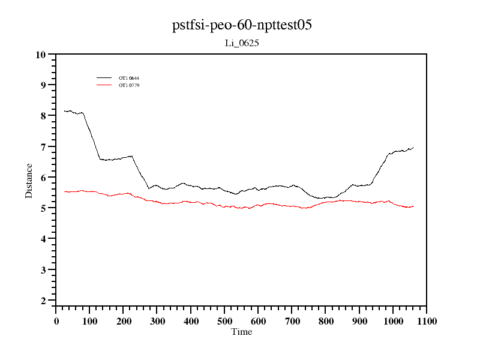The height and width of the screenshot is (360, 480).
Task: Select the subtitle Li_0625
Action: (x=241, y=43)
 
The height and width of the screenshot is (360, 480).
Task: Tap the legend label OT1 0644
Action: (x=129, y=78)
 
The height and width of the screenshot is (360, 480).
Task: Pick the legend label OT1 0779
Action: (x=129, y=85)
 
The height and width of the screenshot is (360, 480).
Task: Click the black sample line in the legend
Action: (x=104, y=78)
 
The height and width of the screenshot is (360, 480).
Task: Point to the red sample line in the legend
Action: (x=104, y=85)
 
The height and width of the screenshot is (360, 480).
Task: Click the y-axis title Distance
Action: (x=29, y=180)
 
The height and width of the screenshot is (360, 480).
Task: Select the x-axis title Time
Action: (x=242, y=332)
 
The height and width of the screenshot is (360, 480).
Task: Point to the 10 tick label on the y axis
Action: (x=41, y=55)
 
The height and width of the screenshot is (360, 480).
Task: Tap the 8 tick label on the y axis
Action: (x=43, y=116)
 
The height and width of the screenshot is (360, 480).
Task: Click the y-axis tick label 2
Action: (x=43, y=301)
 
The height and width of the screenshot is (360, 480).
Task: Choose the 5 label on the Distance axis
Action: (x=43, y=208)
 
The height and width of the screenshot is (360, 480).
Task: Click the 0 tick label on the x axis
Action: (x=56, y=322)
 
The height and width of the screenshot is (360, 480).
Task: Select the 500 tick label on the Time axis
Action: (x=224, y=322)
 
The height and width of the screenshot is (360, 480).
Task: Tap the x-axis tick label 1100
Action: (x=427, y=322)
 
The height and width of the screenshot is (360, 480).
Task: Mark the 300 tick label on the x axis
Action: (x=157, y=322)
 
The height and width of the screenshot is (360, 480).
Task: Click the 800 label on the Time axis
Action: (x=326, y=322)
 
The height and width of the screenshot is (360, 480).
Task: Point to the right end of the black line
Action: (x=413, y=147)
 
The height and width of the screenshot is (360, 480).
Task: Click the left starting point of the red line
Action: (x=64, y=191)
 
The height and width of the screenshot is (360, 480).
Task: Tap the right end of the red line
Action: (x=413, y=206)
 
